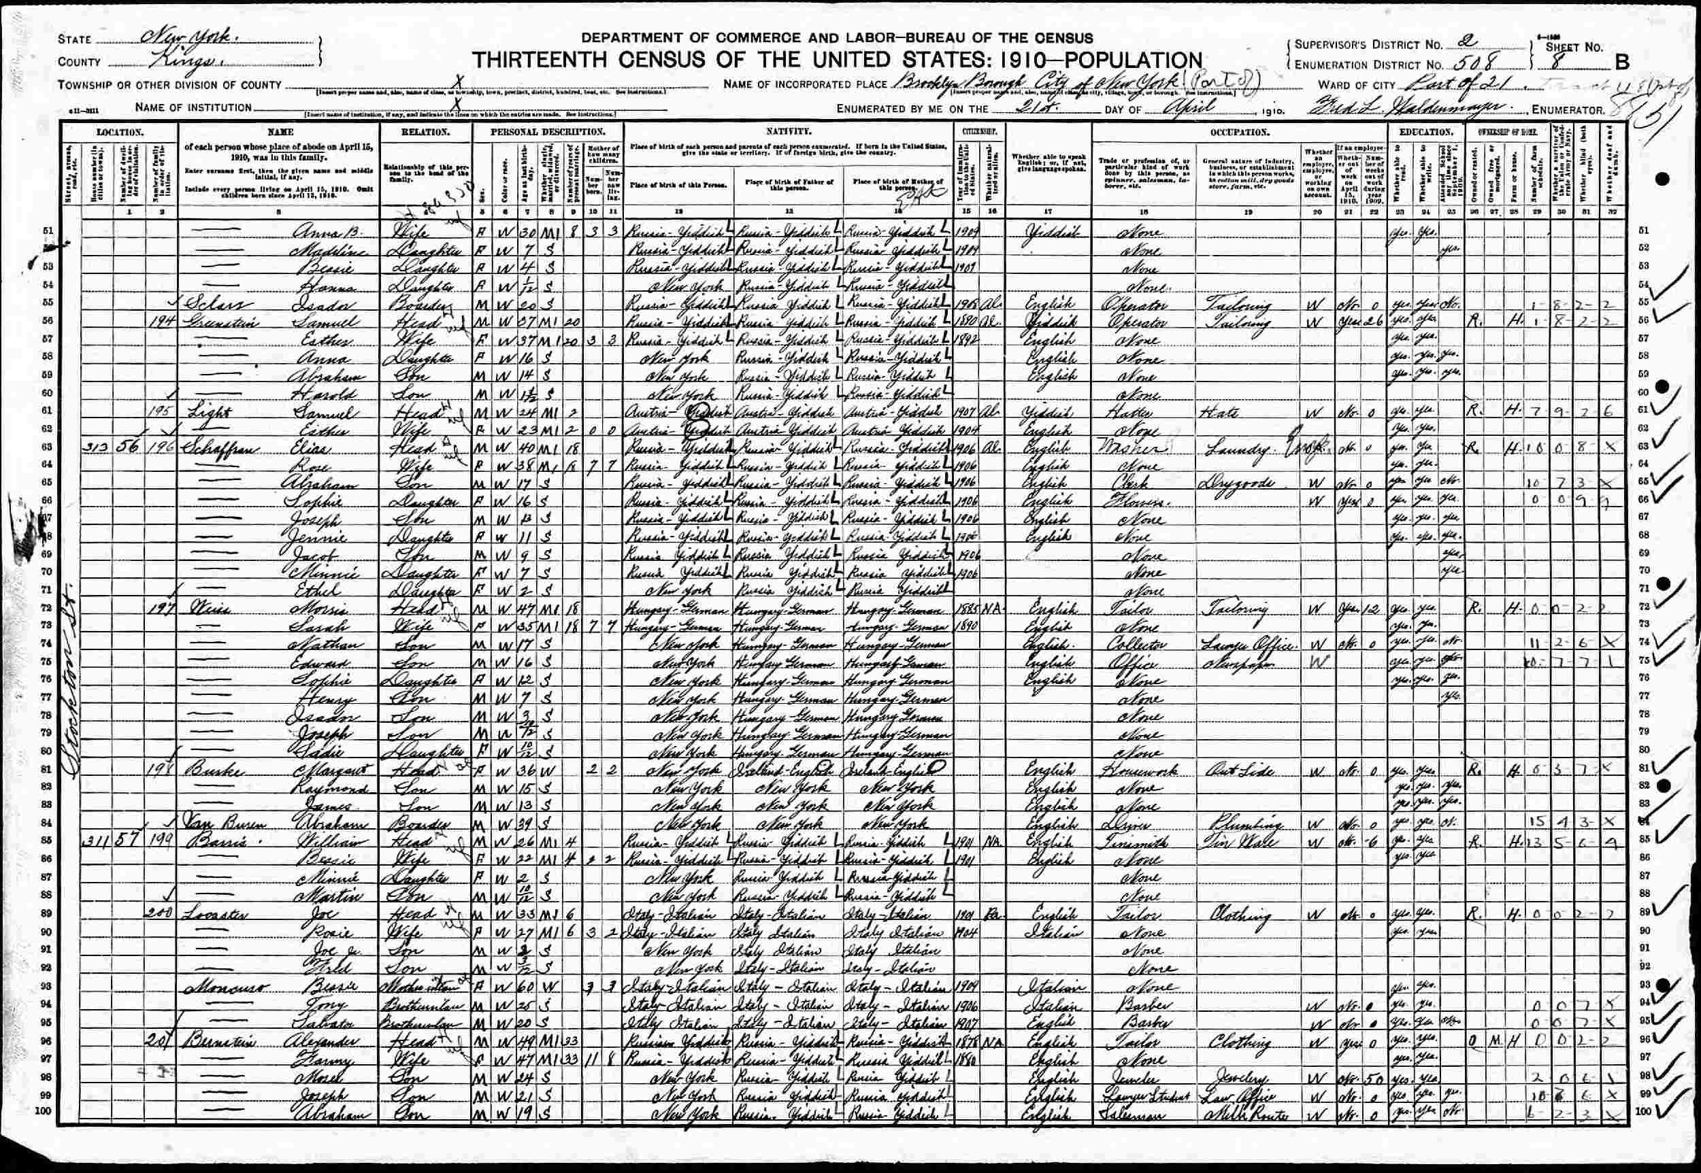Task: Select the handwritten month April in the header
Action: click(x=1185, y=107)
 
